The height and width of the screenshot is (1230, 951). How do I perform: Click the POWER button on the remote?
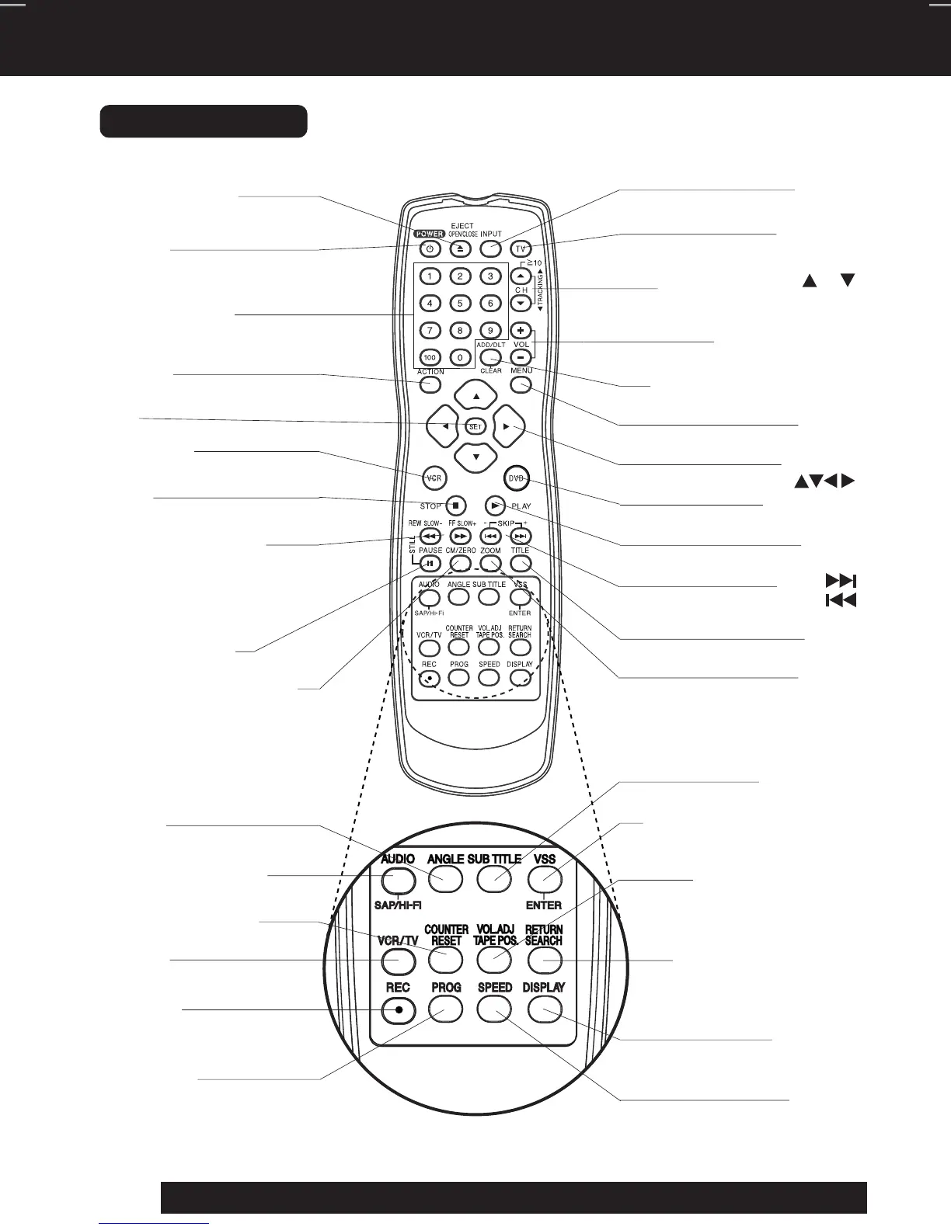(430, 249)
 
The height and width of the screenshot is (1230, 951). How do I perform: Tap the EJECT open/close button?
(460, 249)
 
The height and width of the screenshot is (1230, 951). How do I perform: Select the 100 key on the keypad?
(430, 358)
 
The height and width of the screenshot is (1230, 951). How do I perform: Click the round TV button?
(521, 249)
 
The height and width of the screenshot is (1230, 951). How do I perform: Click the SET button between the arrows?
(475, 426)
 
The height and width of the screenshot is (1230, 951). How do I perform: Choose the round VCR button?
(434, 478)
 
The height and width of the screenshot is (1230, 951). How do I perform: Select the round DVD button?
(517, 478)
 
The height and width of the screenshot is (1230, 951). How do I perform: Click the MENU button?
(521, 384)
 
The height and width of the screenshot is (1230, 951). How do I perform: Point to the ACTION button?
(430, 384)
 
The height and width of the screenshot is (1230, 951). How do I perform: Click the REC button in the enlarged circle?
(399, 1009)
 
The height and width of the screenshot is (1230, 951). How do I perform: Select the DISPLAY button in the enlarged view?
(544, 1009)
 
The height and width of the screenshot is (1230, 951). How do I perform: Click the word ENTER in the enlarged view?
(544, 905)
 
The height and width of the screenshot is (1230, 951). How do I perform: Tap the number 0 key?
(460, 358)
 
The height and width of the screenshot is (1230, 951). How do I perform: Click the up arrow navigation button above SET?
(476, 396)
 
